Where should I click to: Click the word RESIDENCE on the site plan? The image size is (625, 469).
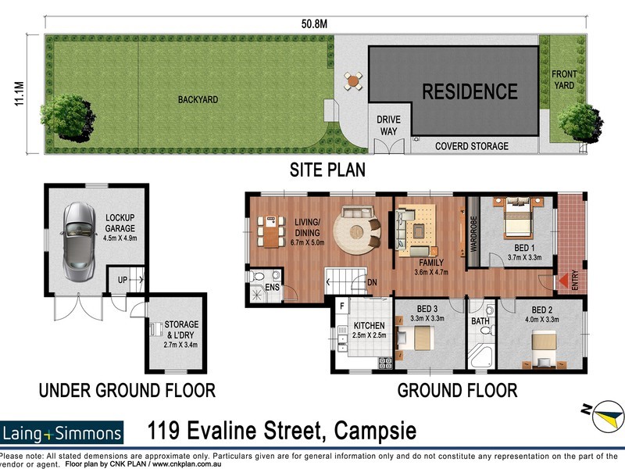[470, 91]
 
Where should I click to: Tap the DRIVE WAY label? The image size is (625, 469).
[388, 124]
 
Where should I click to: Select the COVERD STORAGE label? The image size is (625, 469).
[471, 146]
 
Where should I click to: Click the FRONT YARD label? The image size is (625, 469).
[564, 80]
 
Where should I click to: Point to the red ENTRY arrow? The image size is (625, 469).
[562, 280]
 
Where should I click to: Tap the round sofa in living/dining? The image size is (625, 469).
[359, 229]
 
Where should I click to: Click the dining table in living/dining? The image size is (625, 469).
[271, 230]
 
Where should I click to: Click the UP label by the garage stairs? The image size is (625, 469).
[122, 278]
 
